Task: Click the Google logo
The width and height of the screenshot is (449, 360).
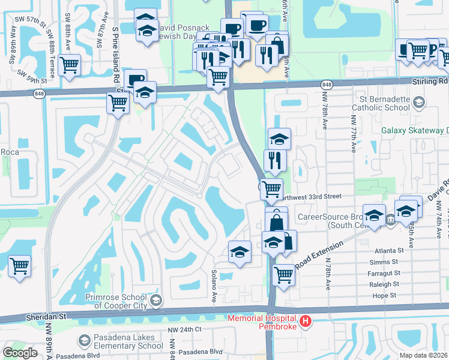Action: click(x=20, y=353)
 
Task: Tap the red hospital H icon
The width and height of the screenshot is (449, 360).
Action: click(x=306, y=322)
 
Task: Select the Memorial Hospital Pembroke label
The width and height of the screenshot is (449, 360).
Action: click(x=262, y=322)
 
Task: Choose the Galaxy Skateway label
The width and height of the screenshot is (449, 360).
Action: click(x=415, y=130)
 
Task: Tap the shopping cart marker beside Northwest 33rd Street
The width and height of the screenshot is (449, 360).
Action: click(x=272, y=188)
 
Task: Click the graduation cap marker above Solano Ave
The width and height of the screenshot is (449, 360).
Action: click(x=239, y=251)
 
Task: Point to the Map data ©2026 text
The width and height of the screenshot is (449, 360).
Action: click(x=424, y=355)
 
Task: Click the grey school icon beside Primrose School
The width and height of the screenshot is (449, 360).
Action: click(x=156, y=301)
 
